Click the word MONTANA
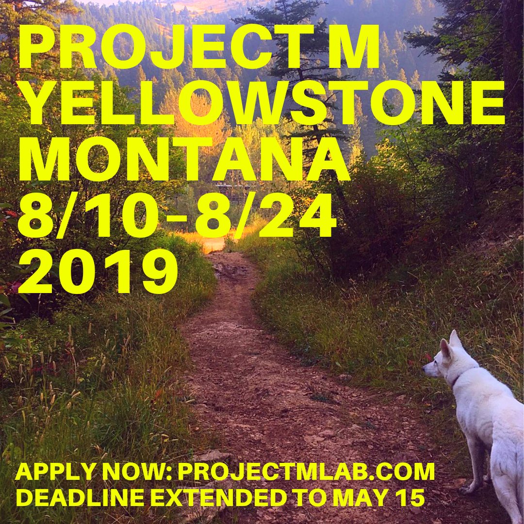[184, 159]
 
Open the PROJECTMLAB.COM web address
[306, 473]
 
